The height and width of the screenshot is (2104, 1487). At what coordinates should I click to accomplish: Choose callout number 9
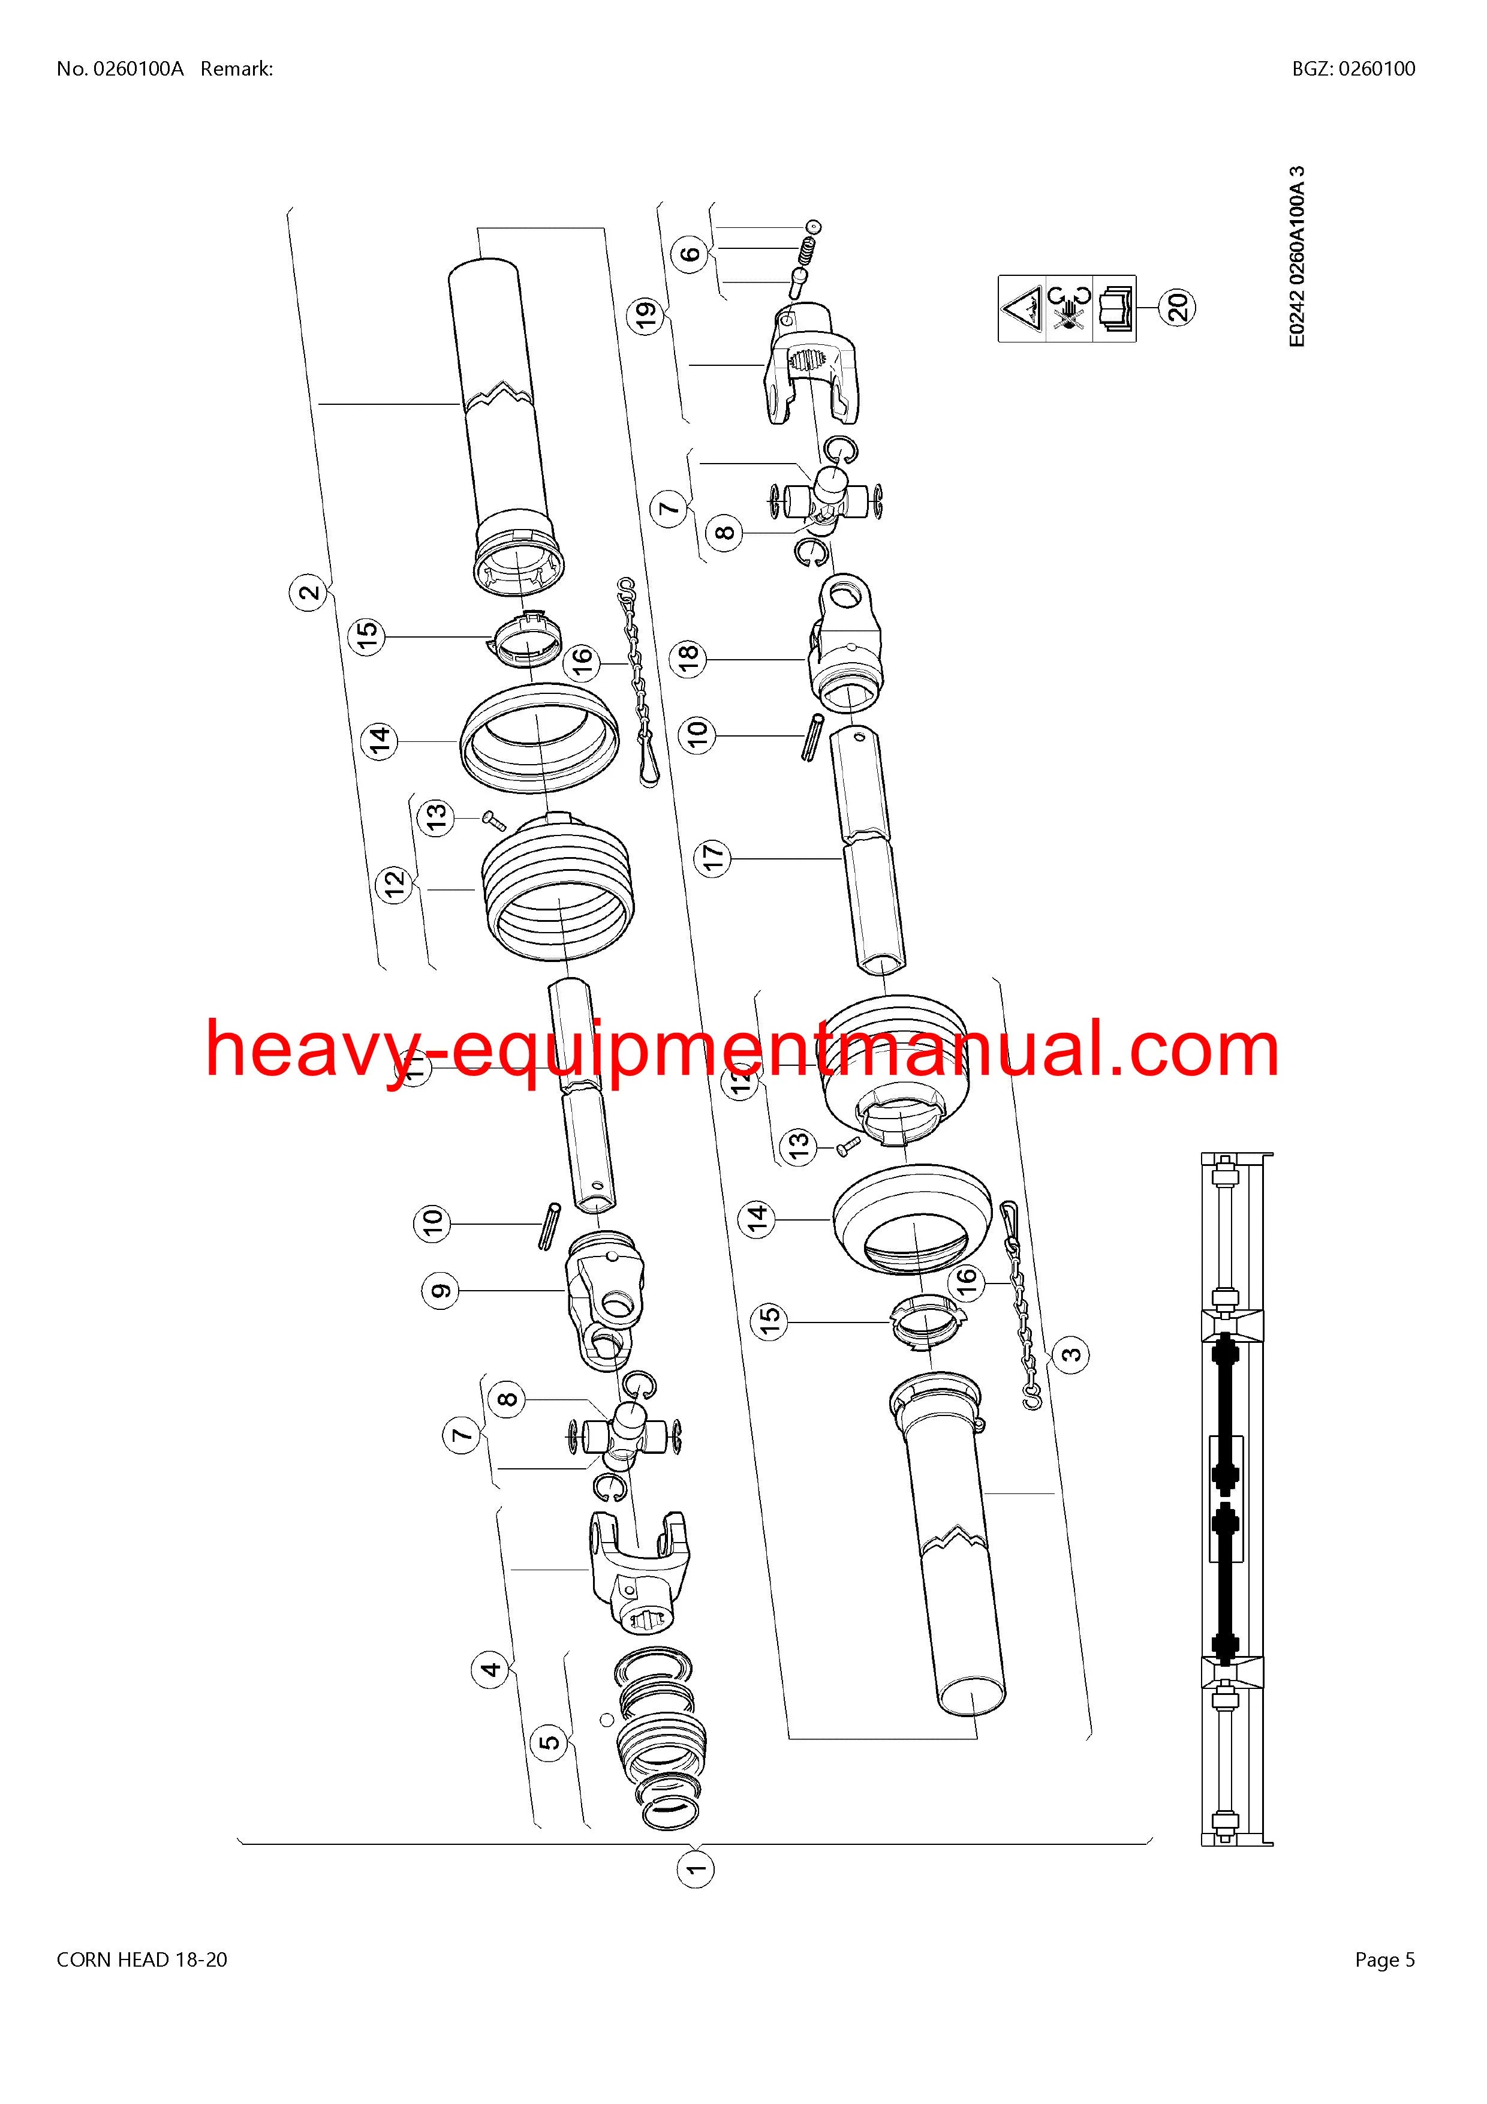(x=441, y=1291)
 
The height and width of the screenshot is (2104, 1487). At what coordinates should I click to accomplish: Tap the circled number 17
(x=713, y=858)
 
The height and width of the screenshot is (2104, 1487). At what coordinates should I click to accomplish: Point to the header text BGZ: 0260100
(x=1354, y=69)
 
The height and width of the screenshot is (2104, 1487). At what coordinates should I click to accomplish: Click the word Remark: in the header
(x=236, y=69)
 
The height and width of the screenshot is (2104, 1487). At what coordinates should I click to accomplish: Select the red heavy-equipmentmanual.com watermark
(x=743, y=1050)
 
